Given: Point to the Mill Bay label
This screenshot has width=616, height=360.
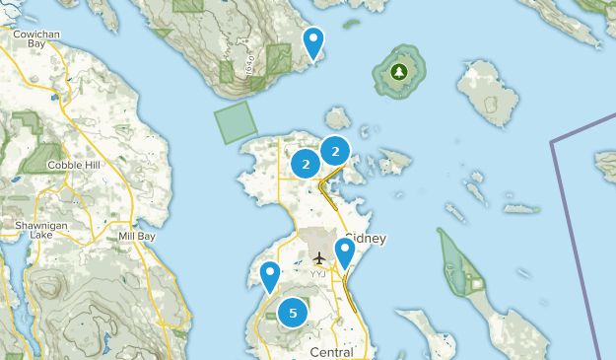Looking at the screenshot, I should [138, 237].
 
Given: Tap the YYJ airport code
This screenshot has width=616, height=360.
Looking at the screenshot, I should [317, 273].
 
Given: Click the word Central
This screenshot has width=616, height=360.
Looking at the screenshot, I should [331, 352].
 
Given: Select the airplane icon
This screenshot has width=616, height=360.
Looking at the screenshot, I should [317, 259].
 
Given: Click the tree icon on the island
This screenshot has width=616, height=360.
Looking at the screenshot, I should [399, 71].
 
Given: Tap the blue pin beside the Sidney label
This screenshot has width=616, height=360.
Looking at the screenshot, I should [344, 252].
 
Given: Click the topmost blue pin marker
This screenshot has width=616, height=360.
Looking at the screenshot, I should [313, 42].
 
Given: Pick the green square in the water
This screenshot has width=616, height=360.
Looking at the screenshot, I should [236, 122].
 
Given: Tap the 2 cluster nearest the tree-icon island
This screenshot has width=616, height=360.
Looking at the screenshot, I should [336, 151].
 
